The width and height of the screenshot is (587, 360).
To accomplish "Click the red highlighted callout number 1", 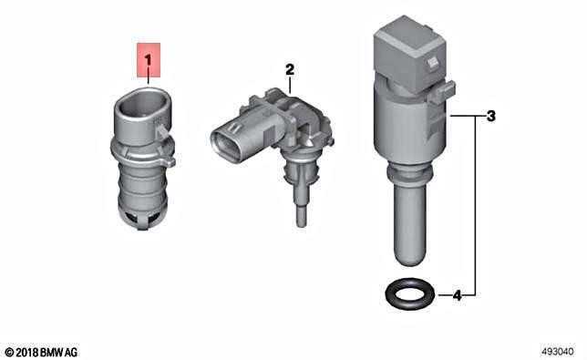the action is click(149, 60).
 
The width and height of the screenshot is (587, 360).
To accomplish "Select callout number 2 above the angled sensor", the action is click(290, 69).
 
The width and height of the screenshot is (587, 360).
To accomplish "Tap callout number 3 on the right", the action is click(490, 116).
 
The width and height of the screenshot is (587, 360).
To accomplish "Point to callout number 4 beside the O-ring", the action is click(457, 295).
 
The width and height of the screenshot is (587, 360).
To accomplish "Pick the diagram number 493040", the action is click(557, 352).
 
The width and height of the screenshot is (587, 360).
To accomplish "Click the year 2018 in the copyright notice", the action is click(27, 352).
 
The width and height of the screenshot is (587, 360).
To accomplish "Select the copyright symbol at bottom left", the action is click(9, 352).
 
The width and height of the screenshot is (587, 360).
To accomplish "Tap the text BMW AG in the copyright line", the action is click(58, 352).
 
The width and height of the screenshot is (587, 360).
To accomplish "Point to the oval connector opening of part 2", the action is click(225, 146).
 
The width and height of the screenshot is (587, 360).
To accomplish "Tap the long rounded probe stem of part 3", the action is click(410, 224).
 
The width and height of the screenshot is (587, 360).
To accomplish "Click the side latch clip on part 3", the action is click(442, 92).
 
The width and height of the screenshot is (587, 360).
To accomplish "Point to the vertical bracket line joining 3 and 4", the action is click(476, 206).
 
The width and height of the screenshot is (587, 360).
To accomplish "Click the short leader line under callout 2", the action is click(290, 84).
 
